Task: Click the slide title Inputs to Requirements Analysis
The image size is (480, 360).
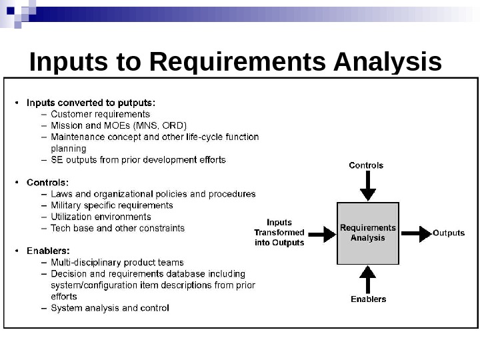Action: (235, 62)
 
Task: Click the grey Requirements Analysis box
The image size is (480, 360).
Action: (367, 233)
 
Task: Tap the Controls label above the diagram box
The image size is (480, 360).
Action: (366, 165)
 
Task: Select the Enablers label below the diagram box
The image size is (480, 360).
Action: (368, 299)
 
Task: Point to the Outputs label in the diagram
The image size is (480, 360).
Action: (449, 233)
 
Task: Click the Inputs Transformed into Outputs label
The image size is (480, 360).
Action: (279, 233)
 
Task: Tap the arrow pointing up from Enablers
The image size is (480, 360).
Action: (367, 279)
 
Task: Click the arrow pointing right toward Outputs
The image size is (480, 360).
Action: (417, 233)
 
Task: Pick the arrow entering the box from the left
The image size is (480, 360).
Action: (321, 233)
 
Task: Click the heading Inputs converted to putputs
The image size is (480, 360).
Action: (91, 103)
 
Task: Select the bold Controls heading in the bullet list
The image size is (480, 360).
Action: (47, 182)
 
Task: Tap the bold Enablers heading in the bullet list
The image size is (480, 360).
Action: (48, 251)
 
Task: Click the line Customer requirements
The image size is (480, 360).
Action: (100, 114)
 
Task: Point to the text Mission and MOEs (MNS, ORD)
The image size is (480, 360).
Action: (119, 125)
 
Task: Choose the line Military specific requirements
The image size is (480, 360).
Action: (111, 205)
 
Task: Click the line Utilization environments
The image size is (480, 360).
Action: (101, 217)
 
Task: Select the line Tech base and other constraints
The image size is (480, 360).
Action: (117, 228)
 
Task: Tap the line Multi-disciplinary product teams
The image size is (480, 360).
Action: (117, 263)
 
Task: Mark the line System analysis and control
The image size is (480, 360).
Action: (110, 308)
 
